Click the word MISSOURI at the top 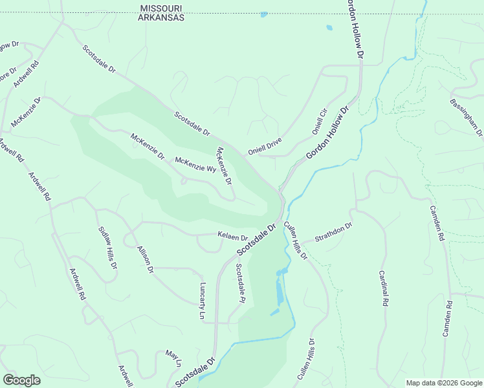tap(162, 8)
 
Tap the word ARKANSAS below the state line tap(162, 18)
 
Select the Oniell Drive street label tap(265, 148)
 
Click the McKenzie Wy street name tap(195, 165)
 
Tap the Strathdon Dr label tap(333, 233)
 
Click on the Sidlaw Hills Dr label tap(108, 248)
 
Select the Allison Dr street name tap(145, 259)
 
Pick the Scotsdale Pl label tap(240, 283)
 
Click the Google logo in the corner tap(21, 380)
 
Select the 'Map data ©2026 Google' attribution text tap(444, 383)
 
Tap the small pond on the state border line tap(263, 14)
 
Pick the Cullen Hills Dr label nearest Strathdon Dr tap(296, 240)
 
